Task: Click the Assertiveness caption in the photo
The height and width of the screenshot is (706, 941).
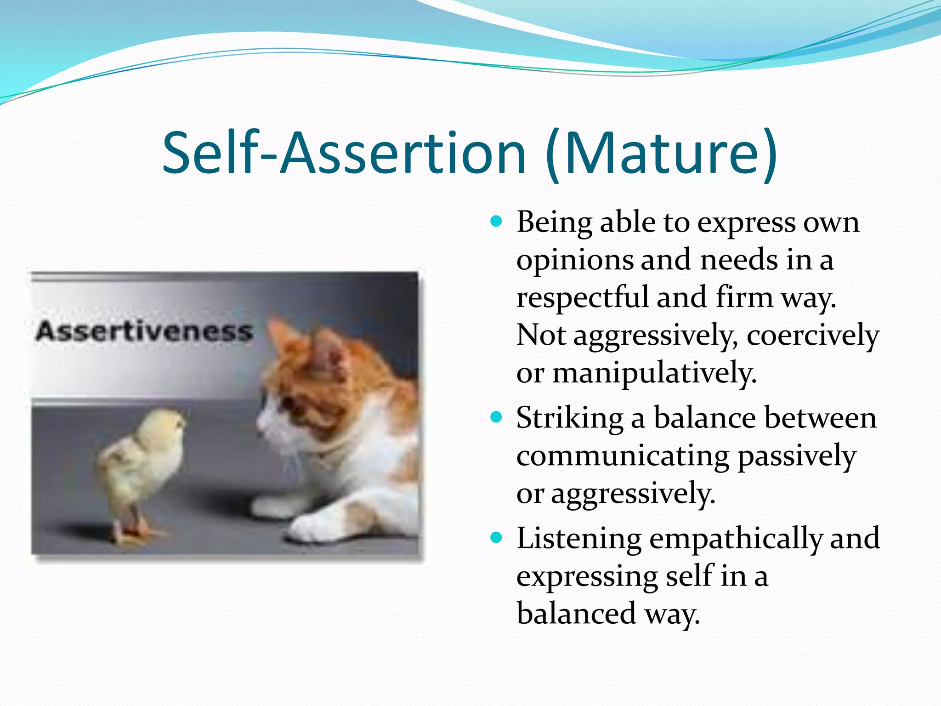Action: point(144,331)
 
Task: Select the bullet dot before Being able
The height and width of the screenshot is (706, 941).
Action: point(496,222)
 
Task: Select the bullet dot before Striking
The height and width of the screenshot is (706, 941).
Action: point(496,417)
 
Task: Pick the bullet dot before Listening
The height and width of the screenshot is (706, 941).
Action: point(496,537)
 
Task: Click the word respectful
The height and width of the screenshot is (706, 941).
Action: point(582,297)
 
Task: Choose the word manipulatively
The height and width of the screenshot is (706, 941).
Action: point(654,373)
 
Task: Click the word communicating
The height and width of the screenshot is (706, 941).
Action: point(622,456)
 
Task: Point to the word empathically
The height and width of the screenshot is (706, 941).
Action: point(735,538)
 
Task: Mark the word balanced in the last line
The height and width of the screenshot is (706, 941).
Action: point(576,614)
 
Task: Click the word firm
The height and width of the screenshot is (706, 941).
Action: point(744,297)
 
